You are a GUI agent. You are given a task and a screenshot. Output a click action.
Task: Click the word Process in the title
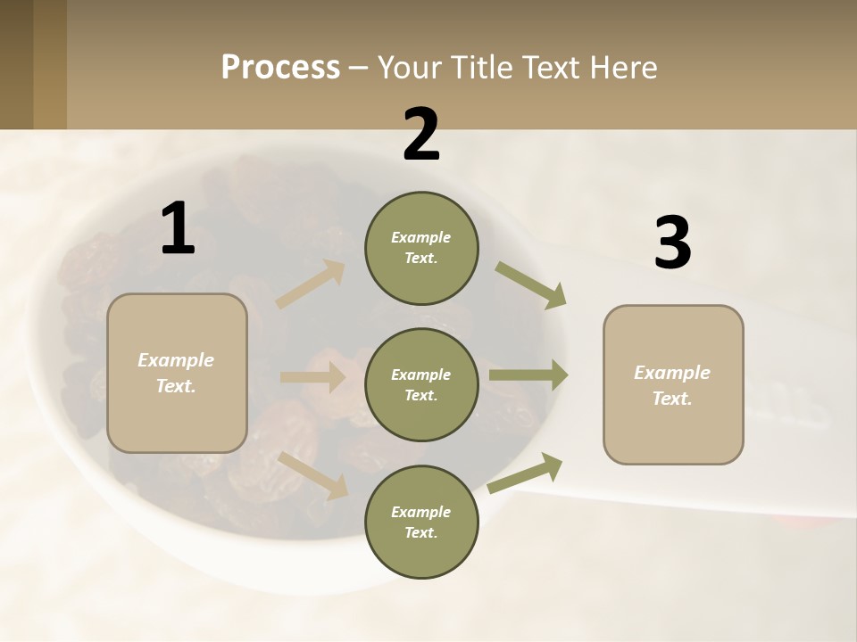tap(280, 67)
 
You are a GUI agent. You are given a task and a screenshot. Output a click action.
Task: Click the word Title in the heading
tap(480, 67)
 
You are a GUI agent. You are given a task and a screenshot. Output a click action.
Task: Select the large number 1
tap(178, 230)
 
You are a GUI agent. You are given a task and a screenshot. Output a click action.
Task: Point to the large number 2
tap(421, 136)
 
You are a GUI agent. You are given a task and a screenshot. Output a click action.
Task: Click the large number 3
tap(672, 244)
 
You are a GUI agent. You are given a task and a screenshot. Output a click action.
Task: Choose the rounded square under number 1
tap(177, 373)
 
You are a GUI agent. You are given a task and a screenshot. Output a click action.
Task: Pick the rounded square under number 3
tap(673, 385)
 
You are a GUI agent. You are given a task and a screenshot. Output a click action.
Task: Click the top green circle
tap(421, 248)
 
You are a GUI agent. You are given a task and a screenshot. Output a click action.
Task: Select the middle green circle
tap(421, 385)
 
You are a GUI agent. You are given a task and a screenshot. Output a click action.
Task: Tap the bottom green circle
tap(421, 523)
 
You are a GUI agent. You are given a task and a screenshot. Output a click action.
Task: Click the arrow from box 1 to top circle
tap(311, 284)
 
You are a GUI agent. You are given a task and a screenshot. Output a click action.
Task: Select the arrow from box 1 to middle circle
tap(312, 377)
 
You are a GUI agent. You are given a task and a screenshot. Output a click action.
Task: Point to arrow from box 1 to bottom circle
tap(313, 475)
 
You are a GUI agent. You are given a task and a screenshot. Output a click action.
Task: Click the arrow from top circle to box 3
tap(530, 285)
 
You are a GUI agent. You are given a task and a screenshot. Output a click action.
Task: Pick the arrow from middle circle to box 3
tap(528, 375)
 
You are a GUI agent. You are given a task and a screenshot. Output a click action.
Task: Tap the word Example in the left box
tap(176, 360)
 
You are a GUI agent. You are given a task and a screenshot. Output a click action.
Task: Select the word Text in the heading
tap(545, 67)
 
